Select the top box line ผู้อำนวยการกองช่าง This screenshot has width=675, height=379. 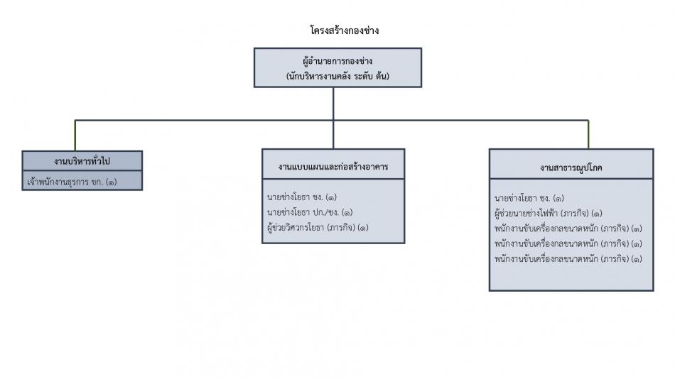click(x=337, y=61)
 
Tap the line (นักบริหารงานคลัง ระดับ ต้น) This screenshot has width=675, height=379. click(x=337, y=75)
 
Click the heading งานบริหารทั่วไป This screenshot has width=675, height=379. click(x=82, y=160)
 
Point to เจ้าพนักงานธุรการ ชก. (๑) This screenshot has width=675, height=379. click(x=71, y=182)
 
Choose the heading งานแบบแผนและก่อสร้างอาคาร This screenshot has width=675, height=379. click(x=333, y=167)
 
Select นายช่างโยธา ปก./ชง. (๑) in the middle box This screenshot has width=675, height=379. click(x=310, y=212)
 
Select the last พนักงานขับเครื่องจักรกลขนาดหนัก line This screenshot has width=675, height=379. click(x=568, y=259)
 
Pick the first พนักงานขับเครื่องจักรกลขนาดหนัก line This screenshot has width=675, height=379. click(x=568, y=229)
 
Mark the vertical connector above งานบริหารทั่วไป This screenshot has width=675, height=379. click(x=75, y=135)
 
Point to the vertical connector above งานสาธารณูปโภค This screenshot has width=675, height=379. click(x=588, y=134)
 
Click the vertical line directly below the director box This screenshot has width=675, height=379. click(x=333, y=103)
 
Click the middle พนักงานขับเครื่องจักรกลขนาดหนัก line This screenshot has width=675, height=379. click(x=568, y=243)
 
